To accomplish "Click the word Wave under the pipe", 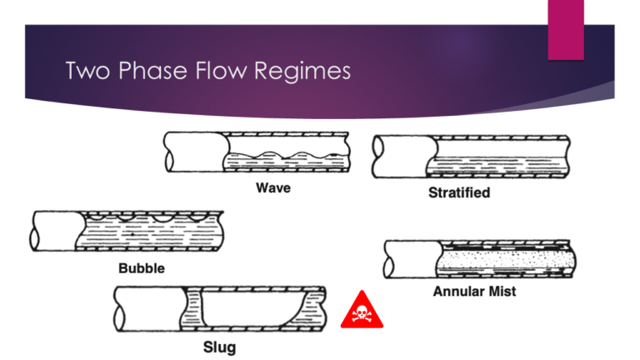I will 272,187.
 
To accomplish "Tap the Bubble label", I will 141,268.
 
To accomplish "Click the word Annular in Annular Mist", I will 461,292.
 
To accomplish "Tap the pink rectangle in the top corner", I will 572,30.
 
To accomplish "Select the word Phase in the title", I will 147,72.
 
